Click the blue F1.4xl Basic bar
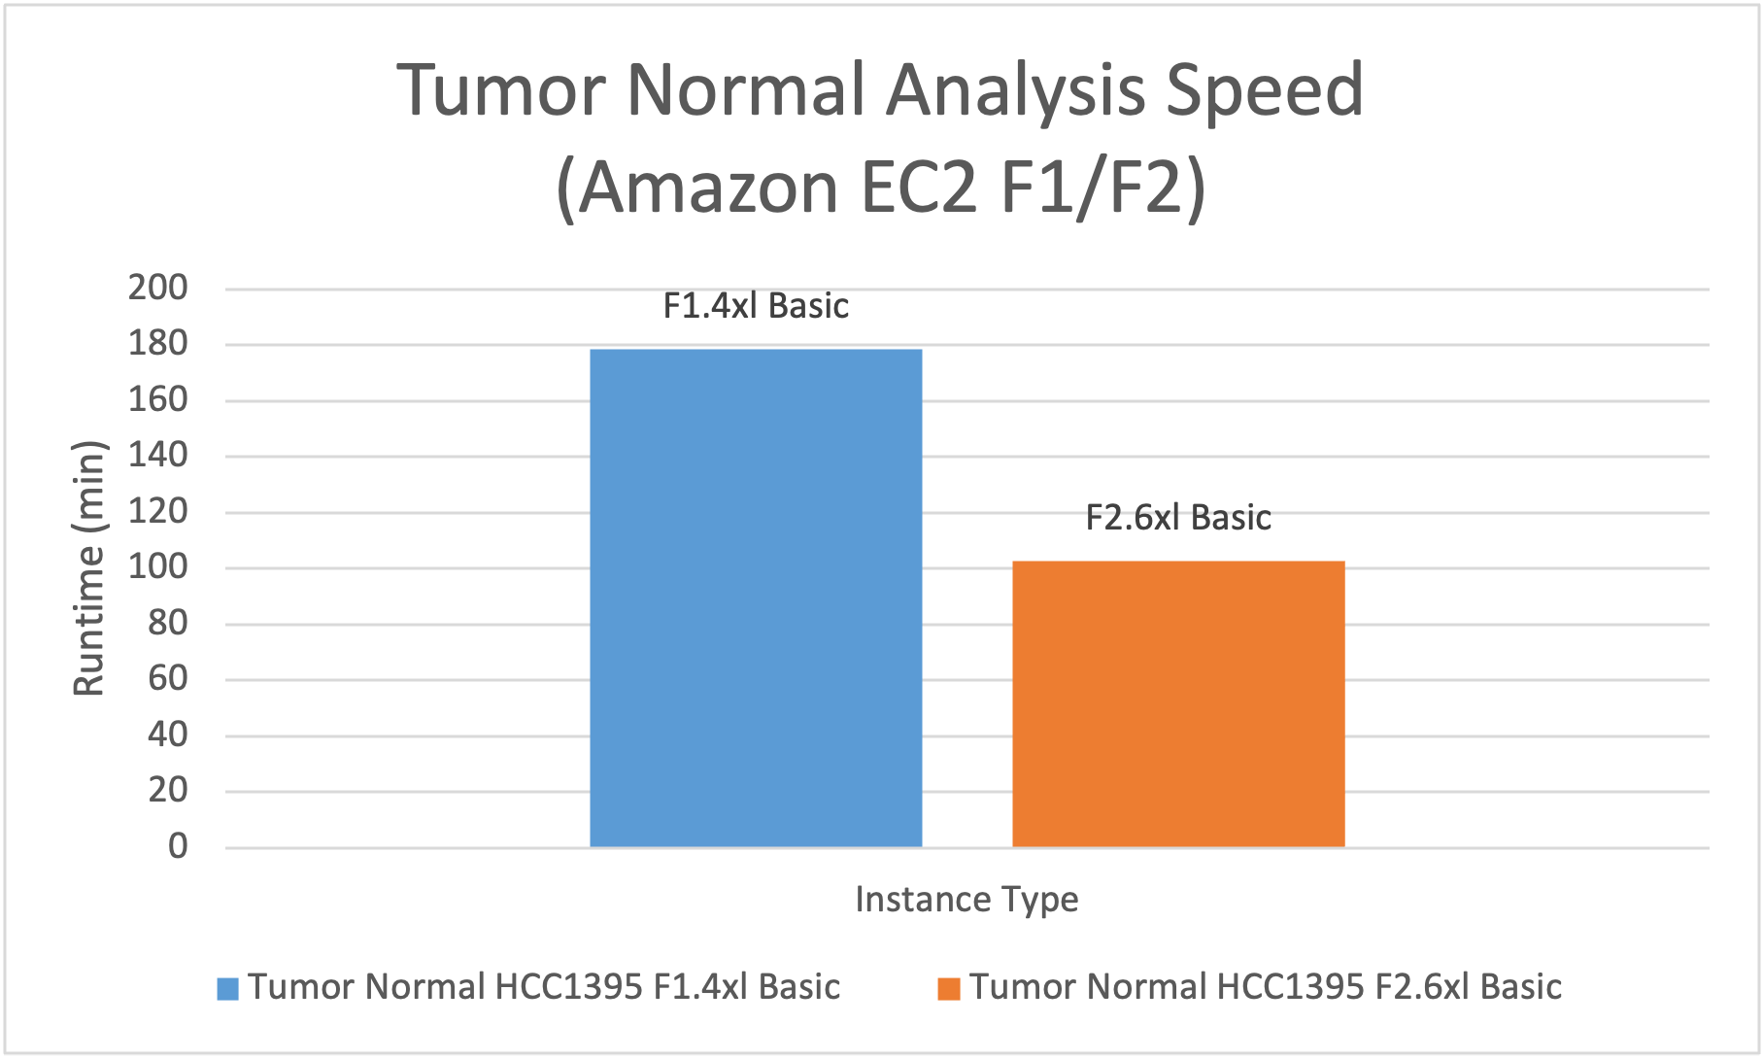point(756,598)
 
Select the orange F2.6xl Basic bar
point(1178,703)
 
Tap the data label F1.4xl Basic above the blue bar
point(756,306)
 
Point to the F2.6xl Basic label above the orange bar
point(1178,518)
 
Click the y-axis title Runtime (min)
point(89,568)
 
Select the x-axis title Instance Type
point(966,900)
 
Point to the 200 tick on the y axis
point(158,288)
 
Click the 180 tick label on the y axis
point(158,343)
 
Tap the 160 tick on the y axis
point(158,399)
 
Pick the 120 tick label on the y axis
point(158,511)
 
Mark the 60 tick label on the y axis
point(168,678)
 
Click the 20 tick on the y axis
point(168,790)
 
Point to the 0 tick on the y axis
point(178,846)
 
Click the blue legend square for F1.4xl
point(228,989)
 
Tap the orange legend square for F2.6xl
point(949,989)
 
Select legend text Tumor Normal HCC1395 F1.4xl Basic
point(544,987)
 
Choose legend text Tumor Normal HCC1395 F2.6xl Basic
point(1266,987)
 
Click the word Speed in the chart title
point(1265,92)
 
